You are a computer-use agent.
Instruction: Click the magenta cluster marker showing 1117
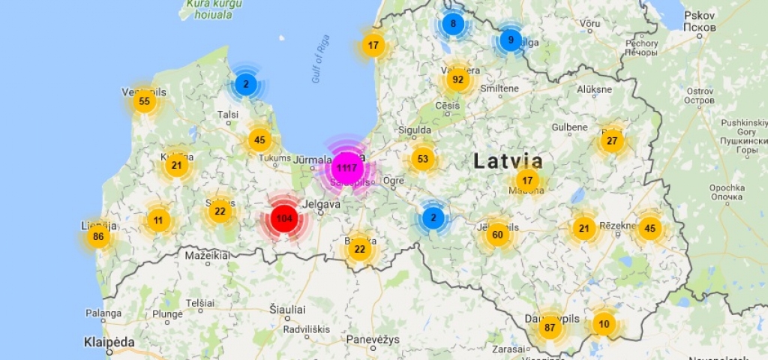pos(346,167)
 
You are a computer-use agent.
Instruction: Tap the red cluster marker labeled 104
pos(284,219)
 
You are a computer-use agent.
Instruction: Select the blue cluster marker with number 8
pos(452,24)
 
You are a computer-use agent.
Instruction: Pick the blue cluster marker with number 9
pos(511,40)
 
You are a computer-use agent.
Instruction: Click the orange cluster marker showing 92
pos(457,79)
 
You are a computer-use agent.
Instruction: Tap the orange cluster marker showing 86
pos(97,237)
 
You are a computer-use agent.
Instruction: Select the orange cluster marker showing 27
pos(612,141)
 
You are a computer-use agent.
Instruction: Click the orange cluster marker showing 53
pos(423,159)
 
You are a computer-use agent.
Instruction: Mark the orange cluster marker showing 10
pos(604,324)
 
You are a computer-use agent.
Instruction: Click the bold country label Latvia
pos(508,160)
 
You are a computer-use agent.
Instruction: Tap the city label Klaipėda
pos(109,343)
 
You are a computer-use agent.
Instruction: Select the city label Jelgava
pos(320,203)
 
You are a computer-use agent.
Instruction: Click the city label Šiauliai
pos(288,309)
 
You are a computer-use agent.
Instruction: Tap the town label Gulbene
pos(569,127)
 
